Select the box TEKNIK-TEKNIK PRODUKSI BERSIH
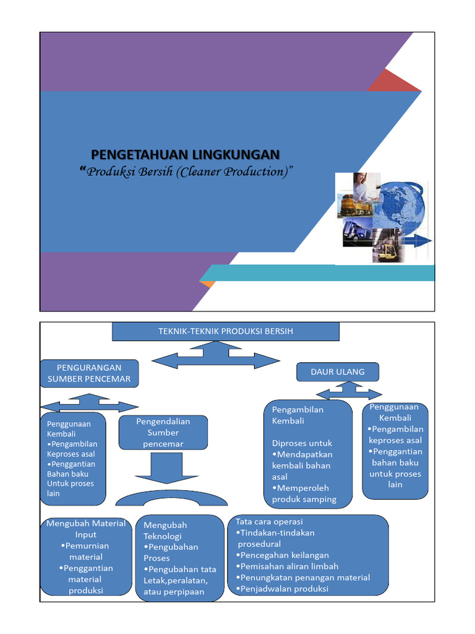coord(225,331)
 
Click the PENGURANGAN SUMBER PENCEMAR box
coord(89,373)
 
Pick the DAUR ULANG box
coord(338,372)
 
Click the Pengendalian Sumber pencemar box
coord(163,432)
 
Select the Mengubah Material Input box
coord(86,557)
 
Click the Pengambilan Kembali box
coord(307,454)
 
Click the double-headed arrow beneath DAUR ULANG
coord(349,392)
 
